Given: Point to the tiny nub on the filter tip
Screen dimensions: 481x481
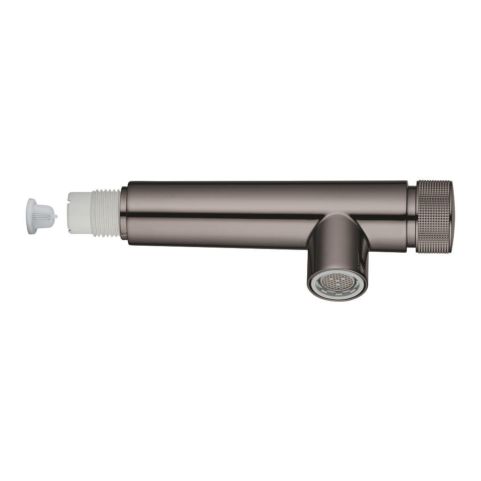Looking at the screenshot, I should click(x=55, y=217).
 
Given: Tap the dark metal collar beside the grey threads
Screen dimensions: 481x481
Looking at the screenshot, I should click(x=124, y=214).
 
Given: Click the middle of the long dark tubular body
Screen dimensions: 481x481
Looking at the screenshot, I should click(x=263, y=202).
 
